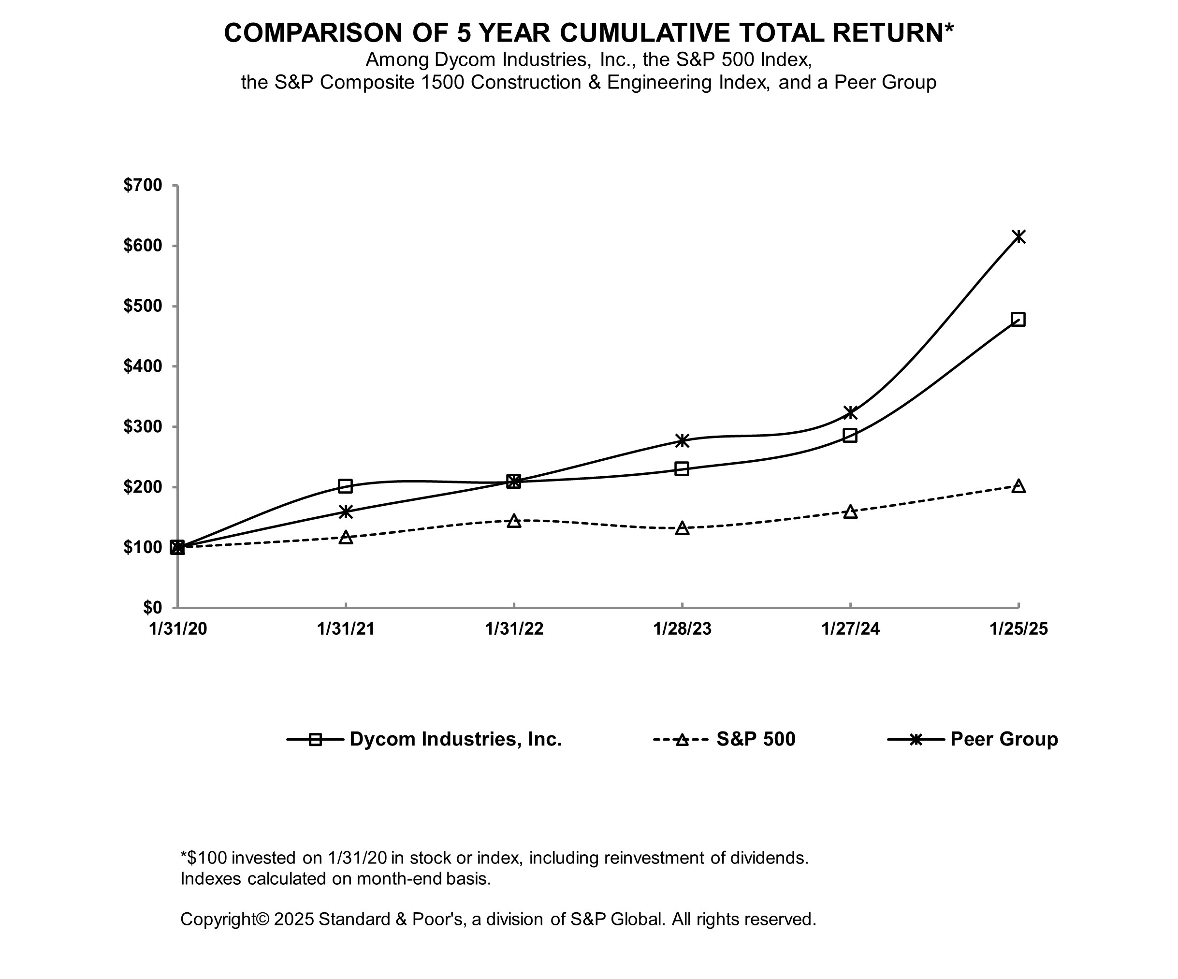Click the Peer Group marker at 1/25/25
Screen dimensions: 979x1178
click(x=1018, y=236)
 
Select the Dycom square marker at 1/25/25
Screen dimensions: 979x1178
click(x=1018, y=319)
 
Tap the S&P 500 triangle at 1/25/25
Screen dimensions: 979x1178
click(x=1018, y=486)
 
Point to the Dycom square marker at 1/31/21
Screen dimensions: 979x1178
click(x=346, y=486)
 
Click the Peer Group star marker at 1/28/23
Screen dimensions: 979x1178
click(x=682, y=440)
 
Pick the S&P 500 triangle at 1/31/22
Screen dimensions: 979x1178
click(x=514, y=521)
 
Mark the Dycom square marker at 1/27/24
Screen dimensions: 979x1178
click(x=850, y=436)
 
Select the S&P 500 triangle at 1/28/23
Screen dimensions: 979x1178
click(x=682, y=528)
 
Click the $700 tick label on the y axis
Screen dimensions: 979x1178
click(x=143, y=185)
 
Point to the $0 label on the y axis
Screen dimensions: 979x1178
click(x=152, y=607)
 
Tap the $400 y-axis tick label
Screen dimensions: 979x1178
click(x=143, y=366)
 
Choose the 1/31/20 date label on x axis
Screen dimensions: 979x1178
click(x=178, y=629)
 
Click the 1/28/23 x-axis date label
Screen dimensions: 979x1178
click(x=682, y=629)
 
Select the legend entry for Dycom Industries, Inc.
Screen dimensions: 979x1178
click(x=455, y=739)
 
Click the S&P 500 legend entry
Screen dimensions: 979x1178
click(x=755, y=739)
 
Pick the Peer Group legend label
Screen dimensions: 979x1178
click(x=1003, y=739)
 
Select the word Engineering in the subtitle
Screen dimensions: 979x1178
click(x=660, y=83)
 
